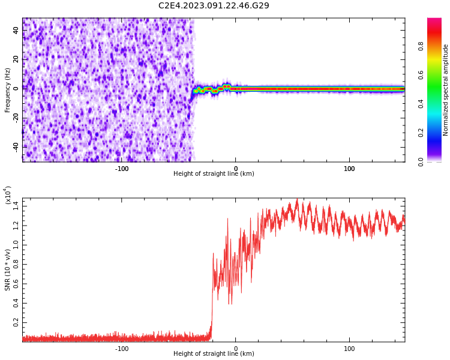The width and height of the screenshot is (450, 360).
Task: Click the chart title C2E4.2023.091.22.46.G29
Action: (214, 5)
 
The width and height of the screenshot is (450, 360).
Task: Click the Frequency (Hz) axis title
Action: (8, 90)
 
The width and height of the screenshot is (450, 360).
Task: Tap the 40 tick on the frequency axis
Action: (16, 29)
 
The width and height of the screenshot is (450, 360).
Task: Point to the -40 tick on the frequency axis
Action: (15, 146)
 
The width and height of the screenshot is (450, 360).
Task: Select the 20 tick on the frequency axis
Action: (16, 59)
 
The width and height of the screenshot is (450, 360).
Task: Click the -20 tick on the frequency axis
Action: (15, 117)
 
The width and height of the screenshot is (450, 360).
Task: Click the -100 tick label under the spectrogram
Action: (122, 169)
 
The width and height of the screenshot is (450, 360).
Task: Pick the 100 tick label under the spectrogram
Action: (349, 169)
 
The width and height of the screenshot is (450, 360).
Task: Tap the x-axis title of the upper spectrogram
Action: (214, 174)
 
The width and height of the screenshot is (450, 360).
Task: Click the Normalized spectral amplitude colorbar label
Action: (446, 90)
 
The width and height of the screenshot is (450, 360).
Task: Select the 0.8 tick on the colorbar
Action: (421, 45)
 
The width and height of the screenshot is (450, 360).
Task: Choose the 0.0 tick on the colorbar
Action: (421, 161)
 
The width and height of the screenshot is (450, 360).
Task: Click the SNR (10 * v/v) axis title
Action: (8, 268)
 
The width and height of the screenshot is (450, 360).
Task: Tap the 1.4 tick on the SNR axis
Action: (16, 206)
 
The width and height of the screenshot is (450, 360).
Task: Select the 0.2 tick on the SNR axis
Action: (16, 322)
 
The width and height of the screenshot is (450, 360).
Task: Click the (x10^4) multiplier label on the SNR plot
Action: (8, 195)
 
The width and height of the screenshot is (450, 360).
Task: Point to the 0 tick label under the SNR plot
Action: (235, 349)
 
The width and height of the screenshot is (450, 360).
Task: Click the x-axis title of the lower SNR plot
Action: (214, 354)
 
